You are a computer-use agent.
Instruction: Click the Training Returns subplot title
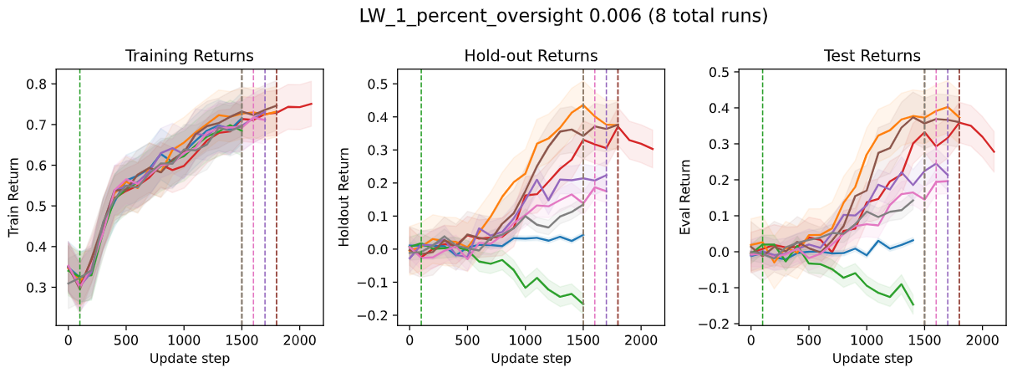[189, 56]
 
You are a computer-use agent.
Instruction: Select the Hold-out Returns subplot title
[531, 56]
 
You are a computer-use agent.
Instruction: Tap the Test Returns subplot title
[872, 56]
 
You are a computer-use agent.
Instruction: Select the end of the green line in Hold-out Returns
[582, 304]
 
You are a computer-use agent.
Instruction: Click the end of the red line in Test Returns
[994, 152]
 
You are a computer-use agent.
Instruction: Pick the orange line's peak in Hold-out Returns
[582, 105]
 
